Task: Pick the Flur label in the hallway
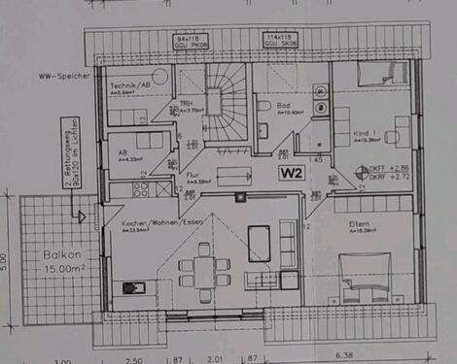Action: click(193, 174)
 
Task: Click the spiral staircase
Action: click(227, 102)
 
